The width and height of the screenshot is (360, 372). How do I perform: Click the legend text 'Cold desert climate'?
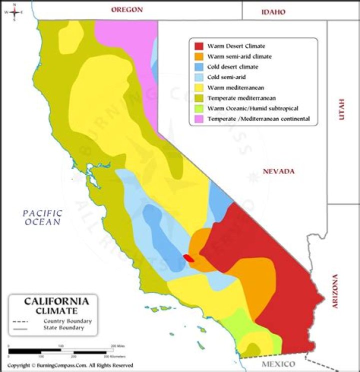(232, 67)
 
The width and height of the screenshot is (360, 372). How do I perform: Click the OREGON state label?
(127, 10)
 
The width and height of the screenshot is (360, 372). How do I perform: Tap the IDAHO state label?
(273, 12)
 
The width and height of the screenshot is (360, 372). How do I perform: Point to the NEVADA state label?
(279, 171)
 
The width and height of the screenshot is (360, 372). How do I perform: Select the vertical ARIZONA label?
(335, 291)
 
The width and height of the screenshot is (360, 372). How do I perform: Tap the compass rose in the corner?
(14, 12)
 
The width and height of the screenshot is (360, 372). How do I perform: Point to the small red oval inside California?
(188, 258)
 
